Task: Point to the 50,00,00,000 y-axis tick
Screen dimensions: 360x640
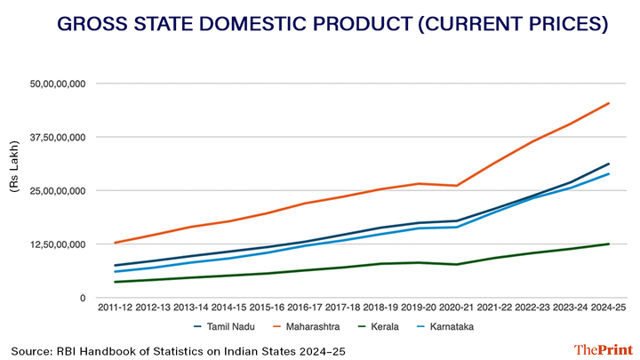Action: click(x=57, y=84)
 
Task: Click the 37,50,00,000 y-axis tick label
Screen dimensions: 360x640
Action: click(x=57, y=137)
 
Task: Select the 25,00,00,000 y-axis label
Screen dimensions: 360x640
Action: click(x=57, y=190)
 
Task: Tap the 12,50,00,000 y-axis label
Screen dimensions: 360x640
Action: click(x=57, y=244)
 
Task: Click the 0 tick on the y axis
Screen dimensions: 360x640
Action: click(x=80, y=298)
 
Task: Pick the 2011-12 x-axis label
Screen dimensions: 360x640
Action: click(x=115, y=307)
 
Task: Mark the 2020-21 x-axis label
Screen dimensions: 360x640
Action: click(x=456, y=307)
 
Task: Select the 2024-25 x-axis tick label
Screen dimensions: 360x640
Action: click(x=609, y=307)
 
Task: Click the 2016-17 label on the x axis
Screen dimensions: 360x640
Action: click(x=305, y=307)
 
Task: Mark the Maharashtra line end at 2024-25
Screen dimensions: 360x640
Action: click(x=609, y=103)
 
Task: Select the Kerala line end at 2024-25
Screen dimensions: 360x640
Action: click(x=609, y=244)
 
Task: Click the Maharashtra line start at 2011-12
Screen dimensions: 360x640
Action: click(x=115, y=243)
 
